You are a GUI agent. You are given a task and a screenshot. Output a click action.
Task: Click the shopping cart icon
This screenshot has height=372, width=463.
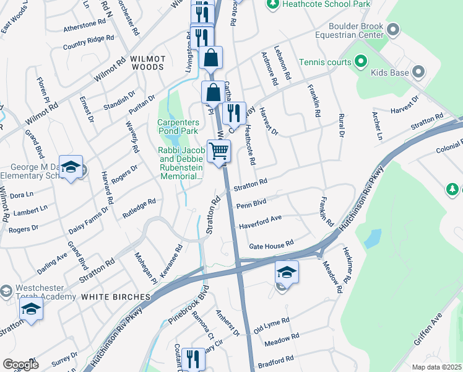219,151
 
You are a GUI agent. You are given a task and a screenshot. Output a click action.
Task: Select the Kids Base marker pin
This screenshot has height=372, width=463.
419,73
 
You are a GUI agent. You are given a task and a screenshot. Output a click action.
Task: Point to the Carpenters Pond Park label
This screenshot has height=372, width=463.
178,126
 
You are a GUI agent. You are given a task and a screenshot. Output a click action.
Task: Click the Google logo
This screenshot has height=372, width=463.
20,365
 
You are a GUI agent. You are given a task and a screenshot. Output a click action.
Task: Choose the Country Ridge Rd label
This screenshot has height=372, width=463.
89,42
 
